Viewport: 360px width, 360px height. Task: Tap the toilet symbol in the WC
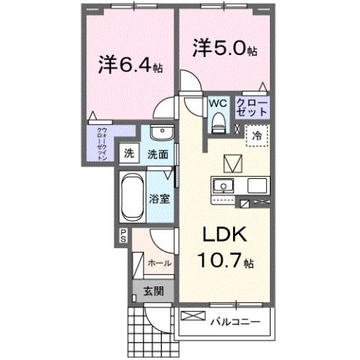218,120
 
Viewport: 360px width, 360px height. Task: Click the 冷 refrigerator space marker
257,137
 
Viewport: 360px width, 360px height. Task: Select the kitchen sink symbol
222,186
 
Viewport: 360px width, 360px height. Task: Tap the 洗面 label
157,155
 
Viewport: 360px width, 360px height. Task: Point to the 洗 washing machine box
129,154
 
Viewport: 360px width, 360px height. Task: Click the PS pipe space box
122,236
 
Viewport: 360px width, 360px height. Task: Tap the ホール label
159,264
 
